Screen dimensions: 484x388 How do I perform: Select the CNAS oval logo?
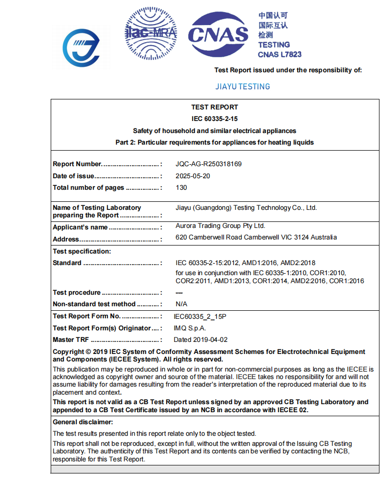[218, 34]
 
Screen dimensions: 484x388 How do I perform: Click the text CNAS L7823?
[280, 54]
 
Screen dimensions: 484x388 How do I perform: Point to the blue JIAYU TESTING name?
[242, 86]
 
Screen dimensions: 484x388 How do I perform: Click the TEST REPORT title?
[214, 107]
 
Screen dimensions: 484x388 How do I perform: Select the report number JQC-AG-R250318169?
[212, 164]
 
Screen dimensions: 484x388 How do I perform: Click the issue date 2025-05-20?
[193, 176]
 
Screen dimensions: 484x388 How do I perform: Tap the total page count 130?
[181, 187]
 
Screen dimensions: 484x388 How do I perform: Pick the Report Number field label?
[77, 164]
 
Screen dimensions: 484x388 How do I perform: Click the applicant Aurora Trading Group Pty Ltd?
[220, 226]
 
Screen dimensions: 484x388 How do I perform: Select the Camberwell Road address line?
[256, 237]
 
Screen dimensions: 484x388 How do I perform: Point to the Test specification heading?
[82, 251]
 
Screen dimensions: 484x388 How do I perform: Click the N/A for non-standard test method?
[181, 304]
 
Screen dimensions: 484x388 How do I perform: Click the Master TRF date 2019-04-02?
[200, 339]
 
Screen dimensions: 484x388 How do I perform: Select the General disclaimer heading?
[83, 422]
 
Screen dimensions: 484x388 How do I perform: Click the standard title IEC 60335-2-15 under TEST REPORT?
[214, 119]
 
